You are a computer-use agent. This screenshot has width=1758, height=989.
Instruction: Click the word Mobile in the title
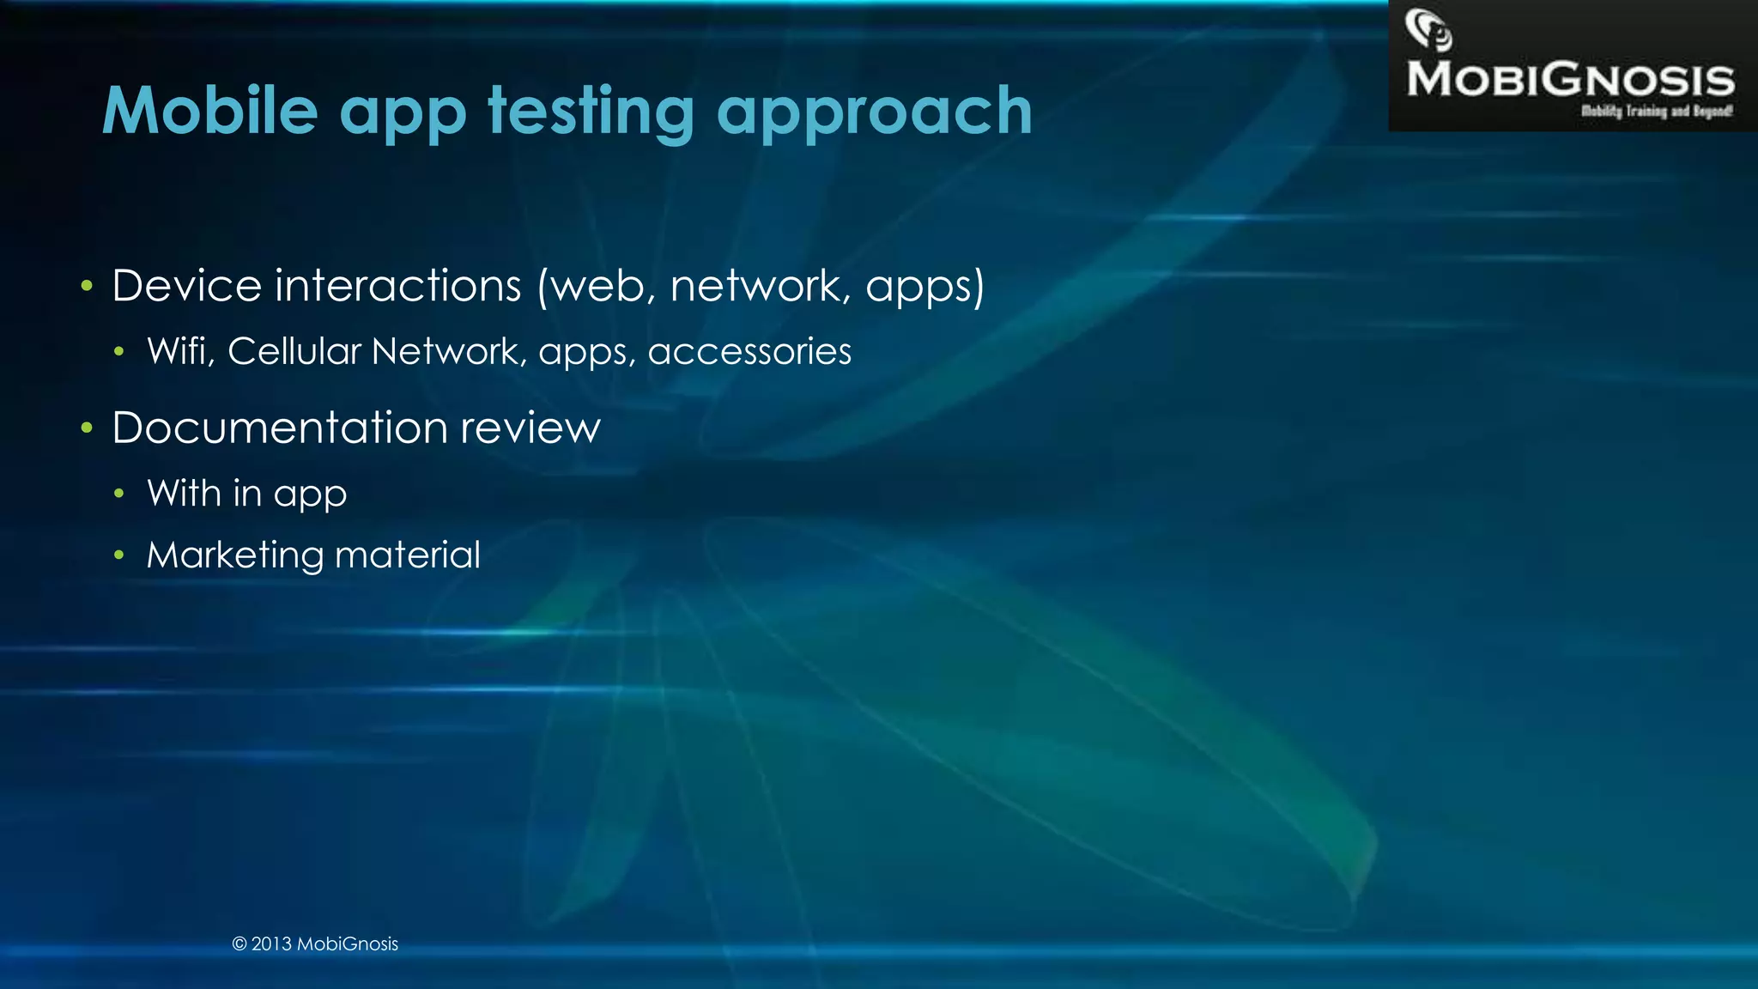coord(210,111)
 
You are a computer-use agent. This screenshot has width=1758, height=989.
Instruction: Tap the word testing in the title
coord(591,111)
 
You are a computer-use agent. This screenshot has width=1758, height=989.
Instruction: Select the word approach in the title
coord(874,112)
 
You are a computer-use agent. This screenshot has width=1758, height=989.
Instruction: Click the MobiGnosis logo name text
coord(1570,80)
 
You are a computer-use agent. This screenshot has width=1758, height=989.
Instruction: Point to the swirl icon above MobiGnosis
coord(1428,30)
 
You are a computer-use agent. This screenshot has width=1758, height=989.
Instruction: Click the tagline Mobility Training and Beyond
coord(1656,112)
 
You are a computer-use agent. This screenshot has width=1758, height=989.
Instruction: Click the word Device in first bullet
coord(186,286)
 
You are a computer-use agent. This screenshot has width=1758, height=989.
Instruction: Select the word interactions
coord(397,286)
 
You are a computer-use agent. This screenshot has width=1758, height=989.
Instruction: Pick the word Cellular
coord(294,351)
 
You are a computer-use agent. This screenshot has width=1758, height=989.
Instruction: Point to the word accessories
coord(749,352)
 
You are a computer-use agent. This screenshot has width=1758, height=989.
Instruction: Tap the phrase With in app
coord(246,494)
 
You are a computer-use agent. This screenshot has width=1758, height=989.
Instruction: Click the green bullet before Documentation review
coord(86,428)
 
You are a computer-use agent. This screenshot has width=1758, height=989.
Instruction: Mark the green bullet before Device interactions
coord(86,286)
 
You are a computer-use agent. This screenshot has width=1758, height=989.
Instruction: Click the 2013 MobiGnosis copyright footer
coord(315,943)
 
